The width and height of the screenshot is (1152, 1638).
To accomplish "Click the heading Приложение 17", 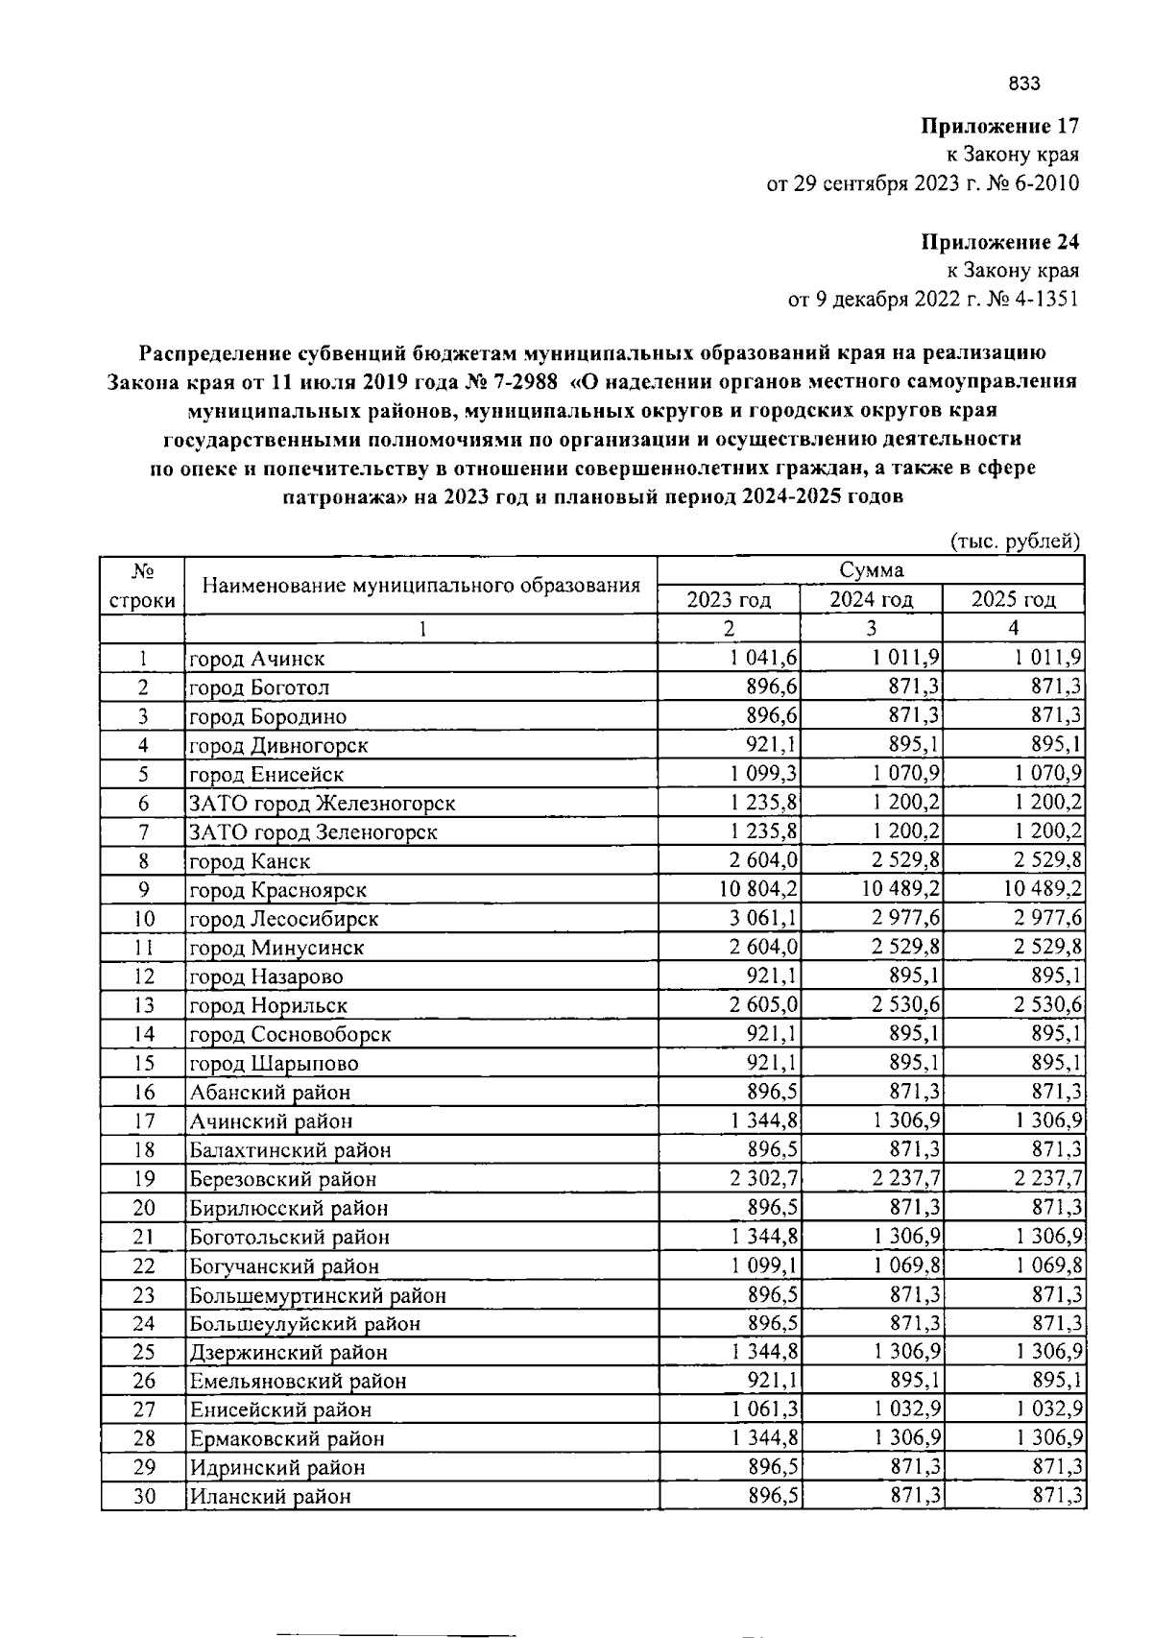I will tap(1000, 126).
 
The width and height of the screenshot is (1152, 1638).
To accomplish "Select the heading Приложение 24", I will tap(1000, 241).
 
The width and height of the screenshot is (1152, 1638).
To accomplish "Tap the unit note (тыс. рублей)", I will tap(1015, 542).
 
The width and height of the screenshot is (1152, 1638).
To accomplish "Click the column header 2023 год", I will tap(729, 600).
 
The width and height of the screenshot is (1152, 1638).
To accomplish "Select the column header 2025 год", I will tap(1013, 600).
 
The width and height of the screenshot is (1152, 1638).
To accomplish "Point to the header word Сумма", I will tap(871, 570).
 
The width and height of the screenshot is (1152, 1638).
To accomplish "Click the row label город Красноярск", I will tap(278, 890).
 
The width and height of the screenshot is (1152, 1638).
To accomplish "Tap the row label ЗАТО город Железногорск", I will tap(322, 804).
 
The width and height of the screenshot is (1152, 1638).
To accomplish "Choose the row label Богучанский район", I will tap(284, 1266).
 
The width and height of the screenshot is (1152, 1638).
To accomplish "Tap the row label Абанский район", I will tap(270, 1093).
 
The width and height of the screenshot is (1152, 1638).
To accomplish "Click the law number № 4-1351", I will tap(1032, 300).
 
